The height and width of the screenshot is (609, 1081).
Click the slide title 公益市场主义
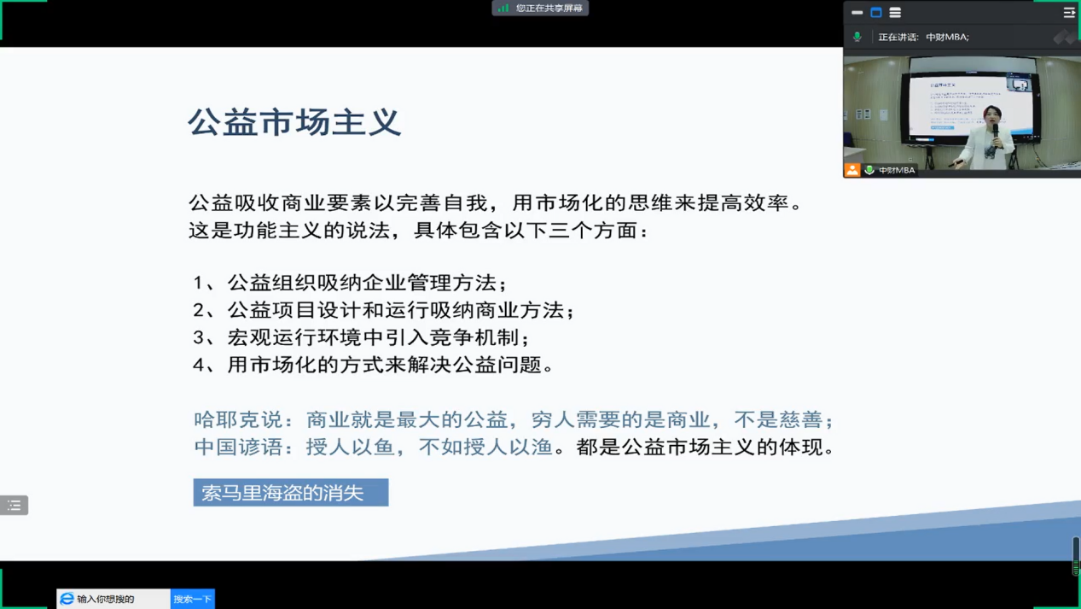pos(294,122)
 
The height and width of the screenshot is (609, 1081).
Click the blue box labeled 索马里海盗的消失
pos(291,492)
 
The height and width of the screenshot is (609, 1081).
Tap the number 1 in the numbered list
pos(198,283)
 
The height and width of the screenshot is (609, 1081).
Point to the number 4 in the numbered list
pos(198,365)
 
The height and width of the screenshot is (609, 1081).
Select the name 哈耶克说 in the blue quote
pos(237,419)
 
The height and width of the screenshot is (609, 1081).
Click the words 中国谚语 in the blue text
pos(237,447)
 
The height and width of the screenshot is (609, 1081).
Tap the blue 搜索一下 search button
pos(193,599)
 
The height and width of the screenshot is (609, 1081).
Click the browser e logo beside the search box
pos(67,599)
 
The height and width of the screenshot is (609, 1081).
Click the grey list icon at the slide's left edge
pos(14,505)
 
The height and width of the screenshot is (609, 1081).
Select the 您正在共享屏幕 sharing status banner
pos(540,9)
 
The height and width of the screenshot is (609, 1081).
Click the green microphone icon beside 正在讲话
pos(857,37)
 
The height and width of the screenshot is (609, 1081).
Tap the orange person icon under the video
pos(852,170)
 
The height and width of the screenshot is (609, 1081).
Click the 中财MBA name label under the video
pos(897,170)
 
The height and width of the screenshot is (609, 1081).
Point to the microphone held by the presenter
pos(995,132)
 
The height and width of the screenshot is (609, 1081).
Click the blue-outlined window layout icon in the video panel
pos(876,13)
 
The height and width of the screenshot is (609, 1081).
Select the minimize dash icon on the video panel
pos(857,13)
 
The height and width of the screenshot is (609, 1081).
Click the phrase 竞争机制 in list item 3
pos(474,337)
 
